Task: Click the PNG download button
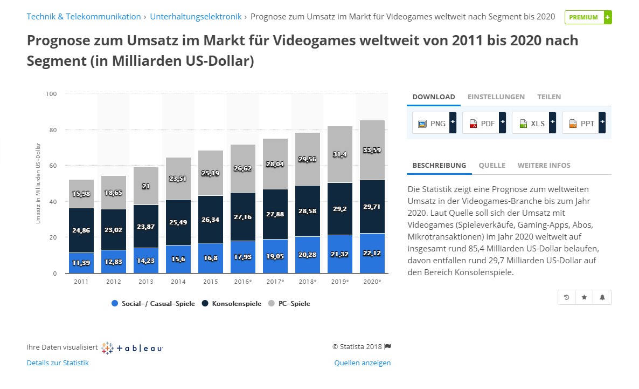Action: click(434, 123)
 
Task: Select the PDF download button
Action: click(484, 123)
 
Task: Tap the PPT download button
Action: click(584, 123)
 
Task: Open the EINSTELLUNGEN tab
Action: click(496, 97)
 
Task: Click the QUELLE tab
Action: click(492, 166)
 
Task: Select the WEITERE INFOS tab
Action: click(544, 166)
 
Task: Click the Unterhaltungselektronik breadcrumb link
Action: click(196, 17)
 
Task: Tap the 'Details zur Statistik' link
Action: click(58, 363)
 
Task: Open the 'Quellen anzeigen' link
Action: click(362, 363)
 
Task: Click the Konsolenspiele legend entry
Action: click(232, 304)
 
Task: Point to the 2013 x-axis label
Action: click(145, 282)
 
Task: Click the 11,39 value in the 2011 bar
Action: click(81, 263)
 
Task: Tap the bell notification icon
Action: click(602, 297)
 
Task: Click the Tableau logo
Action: click(133, 348)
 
